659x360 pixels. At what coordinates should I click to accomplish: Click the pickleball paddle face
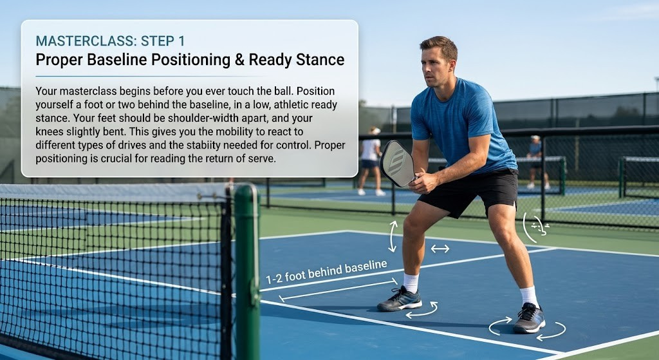coord(397,164)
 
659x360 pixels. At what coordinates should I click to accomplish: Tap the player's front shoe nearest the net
coord(399,299)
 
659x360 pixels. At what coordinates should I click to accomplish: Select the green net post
coord(246,271)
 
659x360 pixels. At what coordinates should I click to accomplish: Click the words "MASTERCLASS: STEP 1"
coord(110,41)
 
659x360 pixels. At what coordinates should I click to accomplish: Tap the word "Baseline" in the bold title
coord(115,60)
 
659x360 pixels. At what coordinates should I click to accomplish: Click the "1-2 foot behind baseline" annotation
coord(326,272)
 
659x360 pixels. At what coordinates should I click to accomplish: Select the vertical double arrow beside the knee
coord(393,236)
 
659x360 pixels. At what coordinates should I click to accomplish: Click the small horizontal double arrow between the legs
coord(440,249)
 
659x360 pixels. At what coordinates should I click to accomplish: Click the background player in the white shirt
coord(371,161)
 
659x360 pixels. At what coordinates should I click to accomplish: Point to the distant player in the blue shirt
coord(535,162)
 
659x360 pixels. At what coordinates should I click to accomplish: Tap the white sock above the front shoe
coord(411,283)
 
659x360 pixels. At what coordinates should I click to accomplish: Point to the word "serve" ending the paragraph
coord(262,159)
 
